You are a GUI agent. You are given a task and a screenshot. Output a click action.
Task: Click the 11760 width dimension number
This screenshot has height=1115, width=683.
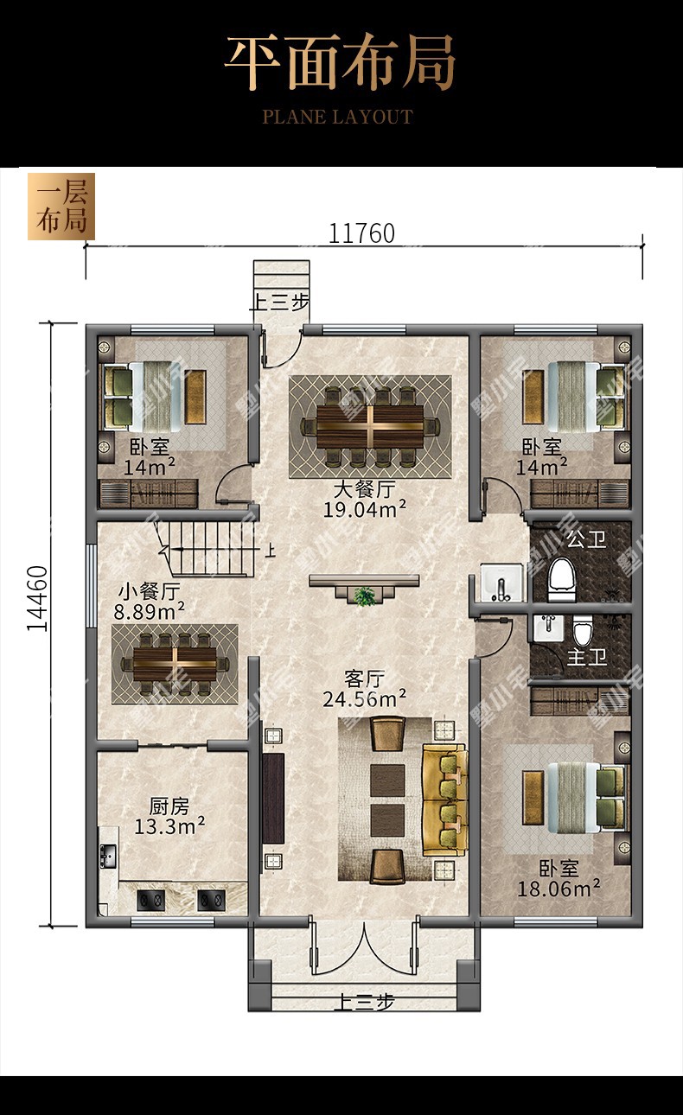click(362, 233)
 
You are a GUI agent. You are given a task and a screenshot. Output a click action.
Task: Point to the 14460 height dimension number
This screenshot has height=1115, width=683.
click(37, 599)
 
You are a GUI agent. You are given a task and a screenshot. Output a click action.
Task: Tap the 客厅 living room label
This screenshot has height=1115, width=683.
click(364, 679)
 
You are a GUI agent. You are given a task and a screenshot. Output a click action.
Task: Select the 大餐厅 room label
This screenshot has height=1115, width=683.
click(364, 489)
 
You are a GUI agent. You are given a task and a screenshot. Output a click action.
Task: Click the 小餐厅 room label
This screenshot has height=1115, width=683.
click(150, 592)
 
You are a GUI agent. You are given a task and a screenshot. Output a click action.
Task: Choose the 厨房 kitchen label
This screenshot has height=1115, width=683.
click(169, 806)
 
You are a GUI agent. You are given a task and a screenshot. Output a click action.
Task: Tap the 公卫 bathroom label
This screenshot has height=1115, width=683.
click(587, 539)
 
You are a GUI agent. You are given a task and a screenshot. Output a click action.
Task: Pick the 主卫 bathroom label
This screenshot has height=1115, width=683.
click(587, 658)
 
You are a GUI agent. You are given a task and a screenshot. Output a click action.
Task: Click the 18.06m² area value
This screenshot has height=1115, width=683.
click(559, 889)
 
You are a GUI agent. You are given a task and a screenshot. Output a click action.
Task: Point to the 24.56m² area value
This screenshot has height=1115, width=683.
click(364, 699)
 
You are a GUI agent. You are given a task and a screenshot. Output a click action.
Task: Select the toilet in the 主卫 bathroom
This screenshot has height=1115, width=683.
click(583, 631)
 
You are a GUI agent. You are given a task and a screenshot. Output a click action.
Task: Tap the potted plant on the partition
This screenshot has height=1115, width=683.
click(366, 596)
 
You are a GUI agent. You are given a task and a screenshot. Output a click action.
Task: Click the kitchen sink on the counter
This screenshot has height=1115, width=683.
click(107, 856)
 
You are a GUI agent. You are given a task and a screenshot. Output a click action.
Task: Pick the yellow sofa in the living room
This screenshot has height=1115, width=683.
click(444, 800)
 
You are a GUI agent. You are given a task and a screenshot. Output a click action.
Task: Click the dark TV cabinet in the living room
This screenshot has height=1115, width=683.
click(273, 799)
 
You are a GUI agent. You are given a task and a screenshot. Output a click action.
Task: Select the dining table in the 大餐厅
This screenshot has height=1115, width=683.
click(370, 427)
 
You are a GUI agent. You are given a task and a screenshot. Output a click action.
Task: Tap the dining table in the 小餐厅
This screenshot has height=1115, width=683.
click(175, 665)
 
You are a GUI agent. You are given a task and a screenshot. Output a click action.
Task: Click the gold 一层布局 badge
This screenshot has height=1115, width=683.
click(61, 207)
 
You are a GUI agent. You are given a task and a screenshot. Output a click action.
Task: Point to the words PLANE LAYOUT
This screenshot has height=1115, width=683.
click(337, 118)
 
